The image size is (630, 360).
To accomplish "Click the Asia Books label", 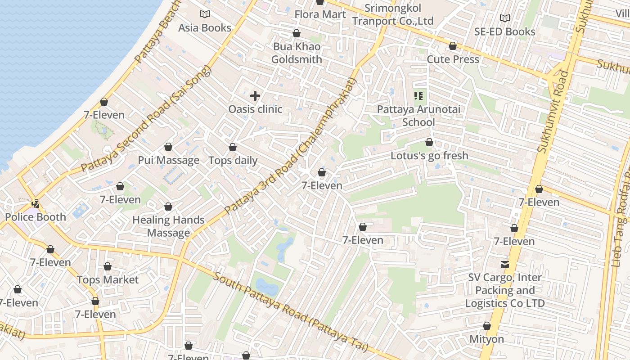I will click(x=205, y=27).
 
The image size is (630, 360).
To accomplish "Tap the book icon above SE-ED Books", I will click(x=505, y=18).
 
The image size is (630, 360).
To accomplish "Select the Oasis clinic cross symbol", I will click(x=255, y=95).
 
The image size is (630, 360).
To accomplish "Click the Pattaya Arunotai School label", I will click(x=418, y=116).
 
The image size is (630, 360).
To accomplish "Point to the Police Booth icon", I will click(x=35, y=204).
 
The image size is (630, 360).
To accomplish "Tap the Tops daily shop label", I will click(x=233, y=160).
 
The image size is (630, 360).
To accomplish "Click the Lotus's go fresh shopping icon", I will click(x=429, y=143).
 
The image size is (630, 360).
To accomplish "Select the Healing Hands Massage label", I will click(x=169, y=226).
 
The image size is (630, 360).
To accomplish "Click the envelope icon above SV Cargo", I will click(x=505, y=265).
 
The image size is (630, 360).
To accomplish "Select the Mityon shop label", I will click(x=487, y=339).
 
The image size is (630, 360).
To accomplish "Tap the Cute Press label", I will click(x=453, y=59).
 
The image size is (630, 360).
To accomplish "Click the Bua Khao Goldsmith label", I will click(x=297, y=53).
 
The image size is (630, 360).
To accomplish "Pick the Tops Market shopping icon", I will click(x=108, y=267).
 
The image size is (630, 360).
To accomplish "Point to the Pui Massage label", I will click(x=168, y=160).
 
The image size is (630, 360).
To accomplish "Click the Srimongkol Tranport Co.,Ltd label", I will click(x=392, y=14).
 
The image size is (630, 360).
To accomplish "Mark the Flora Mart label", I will click(x=320, y=14).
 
